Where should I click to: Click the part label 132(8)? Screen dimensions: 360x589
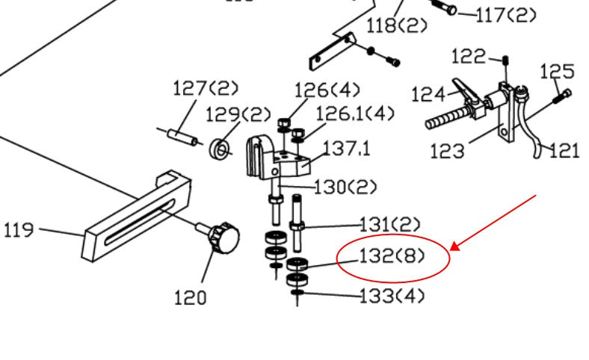click(392, 257)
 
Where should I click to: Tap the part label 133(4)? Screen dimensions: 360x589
click(392, 296)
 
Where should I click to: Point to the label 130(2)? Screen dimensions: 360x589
click(345, 186)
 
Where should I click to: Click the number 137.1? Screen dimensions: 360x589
click(346, 148)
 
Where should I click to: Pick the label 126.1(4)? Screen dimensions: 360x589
click(354, 114)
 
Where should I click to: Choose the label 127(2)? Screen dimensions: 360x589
click(206, 88)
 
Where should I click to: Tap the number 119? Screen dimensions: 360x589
click(19, 229)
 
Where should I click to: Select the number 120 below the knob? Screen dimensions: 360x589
click(190, 297)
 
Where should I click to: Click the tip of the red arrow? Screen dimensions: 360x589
click(453, 247)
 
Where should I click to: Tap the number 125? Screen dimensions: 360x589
click(557, 72)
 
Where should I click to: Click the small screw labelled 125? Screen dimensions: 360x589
click(561, 96)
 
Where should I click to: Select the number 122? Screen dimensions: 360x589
click(469, 56)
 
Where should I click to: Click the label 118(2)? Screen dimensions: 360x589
click(397, 25)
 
